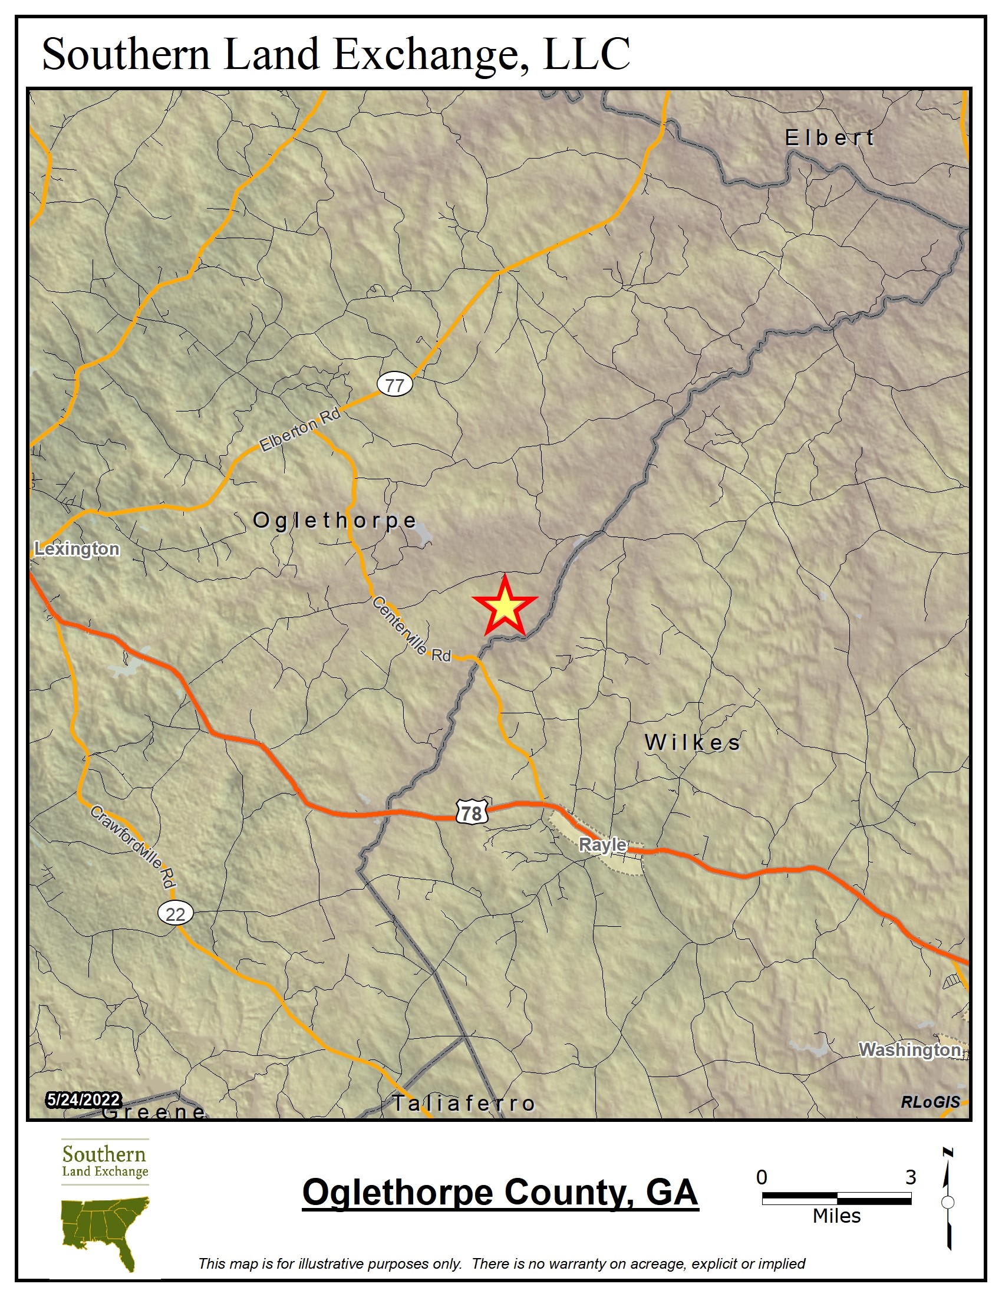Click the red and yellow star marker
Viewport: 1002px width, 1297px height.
(505, 607)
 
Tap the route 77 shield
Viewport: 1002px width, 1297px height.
(395, 385)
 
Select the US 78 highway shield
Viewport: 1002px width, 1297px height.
(472, 812)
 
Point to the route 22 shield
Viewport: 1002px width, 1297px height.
(175, 913)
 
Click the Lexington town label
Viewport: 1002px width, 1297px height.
(77, 549)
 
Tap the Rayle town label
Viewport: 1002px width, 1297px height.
(602, 844)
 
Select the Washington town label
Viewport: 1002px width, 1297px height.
(909, 1049)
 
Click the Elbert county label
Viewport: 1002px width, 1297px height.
(829, 139)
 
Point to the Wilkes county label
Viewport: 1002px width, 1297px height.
(692, 742)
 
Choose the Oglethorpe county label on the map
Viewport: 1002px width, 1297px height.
(335, 520)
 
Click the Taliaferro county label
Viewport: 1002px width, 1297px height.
(464, 1104)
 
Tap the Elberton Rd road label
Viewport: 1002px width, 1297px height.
(301, 429)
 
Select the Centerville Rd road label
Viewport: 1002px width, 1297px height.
(411, 630)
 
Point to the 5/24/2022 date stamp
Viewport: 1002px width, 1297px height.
(84, 1100)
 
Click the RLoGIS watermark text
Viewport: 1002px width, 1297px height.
(930, 1102)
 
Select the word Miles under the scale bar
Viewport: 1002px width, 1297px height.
(836, 1216)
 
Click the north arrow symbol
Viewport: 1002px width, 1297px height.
(948, 1200)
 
